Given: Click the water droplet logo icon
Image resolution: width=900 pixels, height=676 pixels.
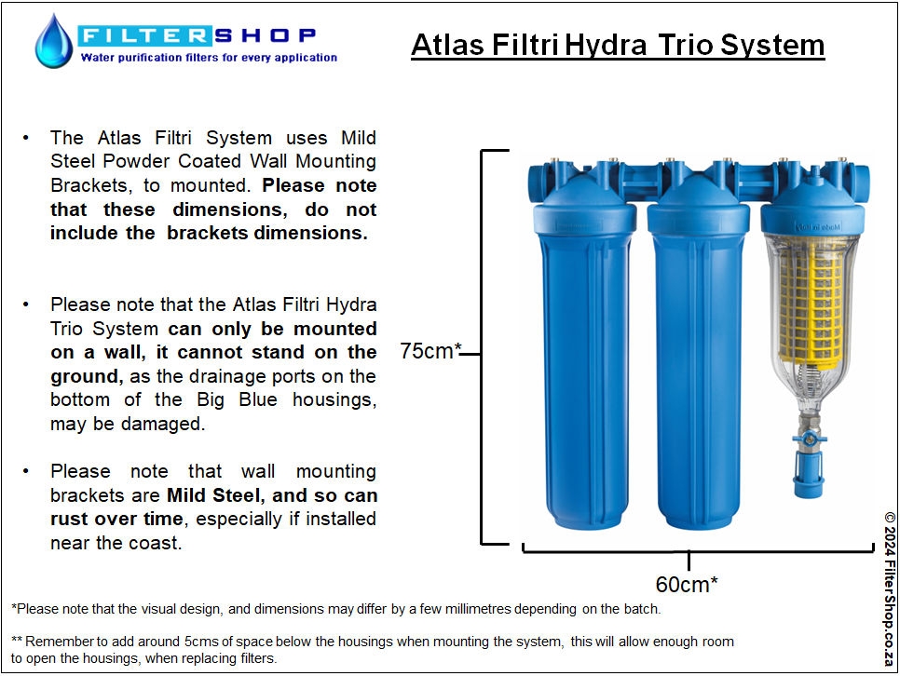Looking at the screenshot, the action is point(54,41).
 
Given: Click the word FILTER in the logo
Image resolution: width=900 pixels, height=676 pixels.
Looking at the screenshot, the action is point(144,35).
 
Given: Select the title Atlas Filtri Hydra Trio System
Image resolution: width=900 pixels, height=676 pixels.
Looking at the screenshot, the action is point(618,45).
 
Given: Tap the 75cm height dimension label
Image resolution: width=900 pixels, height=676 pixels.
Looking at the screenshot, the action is point(430,351).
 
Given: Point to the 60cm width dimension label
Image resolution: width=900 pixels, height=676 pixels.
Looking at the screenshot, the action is point(687,584).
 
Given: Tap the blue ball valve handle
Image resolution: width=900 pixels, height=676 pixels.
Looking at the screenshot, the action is point(810,439).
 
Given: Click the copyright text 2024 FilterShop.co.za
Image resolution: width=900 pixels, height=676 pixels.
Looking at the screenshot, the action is point(890,588).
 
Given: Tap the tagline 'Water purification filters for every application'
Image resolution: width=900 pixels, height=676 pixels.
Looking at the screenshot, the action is point(209,58).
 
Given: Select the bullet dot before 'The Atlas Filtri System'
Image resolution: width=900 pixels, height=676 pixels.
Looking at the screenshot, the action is point(26,138).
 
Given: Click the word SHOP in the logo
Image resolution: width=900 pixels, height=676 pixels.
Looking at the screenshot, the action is point(266,35).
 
